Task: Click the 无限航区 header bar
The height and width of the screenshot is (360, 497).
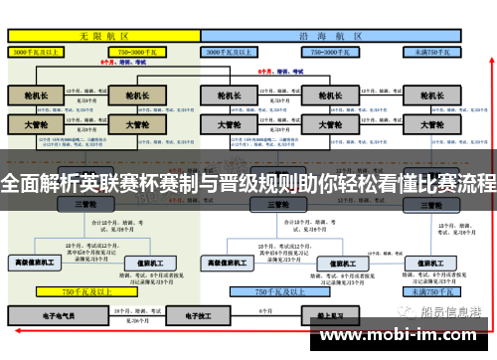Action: [x=104, y=34]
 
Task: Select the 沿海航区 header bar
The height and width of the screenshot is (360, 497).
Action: [x=334, y=34]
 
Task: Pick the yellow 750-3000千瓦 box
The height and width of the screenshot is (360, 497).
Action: [x=142, y=50]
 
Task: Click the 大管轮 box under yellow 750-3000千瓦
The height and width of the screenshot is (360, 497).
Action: [x=138, y=125]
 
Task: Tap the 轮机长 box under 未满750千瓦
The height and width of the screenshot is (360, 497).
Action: [x=431, y=95]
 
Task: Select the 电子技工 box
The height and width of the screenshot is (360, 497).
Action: [x=183, y=314]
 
